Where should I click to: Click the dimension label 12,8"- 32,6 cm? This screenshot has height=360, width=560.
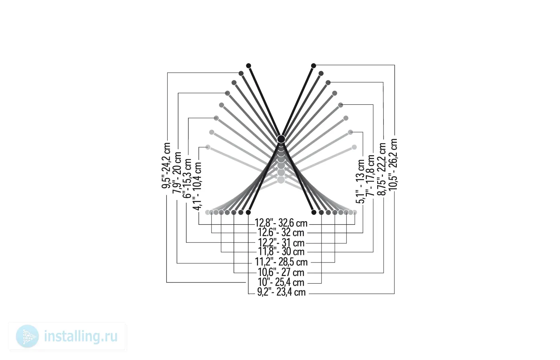[281, 223]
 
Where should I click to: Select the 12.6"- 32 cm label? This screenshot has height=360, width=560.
[281, 232]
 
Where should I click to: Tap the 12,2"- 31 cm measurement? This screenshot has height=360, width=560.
[281, 243]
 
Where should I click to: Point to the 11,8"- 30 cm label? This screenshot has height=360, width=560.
[281, 252]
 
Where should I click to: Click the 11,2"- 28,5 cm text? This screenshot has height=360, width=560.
[281, 262]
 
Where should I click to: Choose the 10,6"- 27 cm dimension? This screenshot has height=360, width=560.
[281, 272]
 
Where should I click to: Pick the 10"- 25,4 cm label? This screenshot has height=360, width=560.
[281, 282]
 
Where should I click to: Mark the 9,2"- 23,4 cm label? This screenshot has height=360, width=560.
[281, 292]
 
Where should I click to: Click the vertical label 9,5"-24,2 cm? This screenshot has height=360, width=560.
[166, 166]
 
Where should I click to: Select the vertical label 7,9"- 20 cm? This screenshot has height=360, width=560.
[177, 172]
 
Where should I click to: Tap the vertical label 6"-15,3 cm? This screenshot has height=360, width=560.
[187, 178]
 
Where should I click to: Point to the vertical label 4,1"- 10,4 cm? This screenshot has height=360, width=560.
[197, 186]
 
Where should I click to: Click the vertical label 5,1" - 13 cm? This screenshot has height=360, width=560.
[360, 182]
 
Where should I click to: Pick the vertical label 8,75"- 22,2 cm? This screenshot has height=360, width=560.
[381, 169]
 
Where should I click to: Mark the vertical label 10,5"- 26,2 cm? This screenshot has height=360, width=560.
[392, 164]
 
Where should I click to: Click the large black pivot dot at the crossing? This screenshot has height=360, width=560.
[281, 139]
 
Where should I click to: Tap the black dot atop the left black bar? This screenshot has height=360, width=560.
[248, 66]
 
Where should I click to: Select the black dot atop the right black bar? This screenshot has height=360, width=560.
[314, 66]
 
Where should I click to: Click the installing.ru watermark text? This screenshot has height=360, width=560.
[81, 336]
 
